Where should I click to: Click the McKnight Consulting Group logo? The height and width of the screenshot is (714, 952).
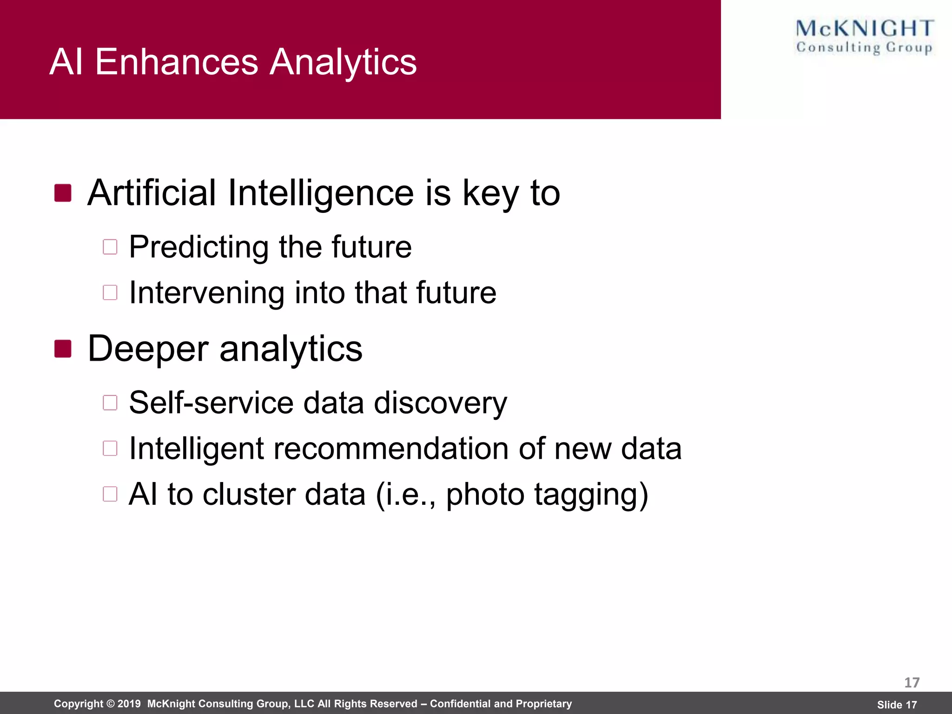(x=865, y=37)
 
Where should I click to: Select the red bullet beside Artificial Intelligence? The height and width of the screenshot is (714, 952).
(x=63, y=193)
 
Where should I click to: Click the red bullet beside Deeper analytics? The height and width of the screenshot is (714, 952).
(x=63, y=349)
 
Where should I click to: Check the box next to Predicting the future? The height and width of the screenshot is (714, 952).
(x=110, y=247)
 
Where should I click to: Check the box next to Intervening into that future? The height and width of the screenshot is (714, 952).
(x=110, y=292)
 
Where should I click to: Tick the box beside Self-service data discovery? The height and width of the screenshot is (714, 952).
(x=110, y=403)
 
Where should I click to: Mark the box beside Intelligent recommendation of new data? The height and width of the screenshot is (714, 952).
(x=110, y=448)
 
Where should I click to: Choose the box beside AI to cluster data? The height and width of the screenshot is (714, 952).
(x=110, y=494)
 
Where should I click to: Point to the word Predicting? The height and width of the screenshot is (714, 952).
(x=198, y=247)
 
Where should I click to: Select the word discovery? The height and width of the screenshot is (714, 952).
(x=440, y=403)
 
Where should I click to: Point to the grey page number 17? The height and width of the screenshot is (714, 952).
(x=912, y=682)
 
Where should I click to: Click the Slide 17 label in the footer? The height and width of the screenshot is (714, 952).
(x=897, y=705)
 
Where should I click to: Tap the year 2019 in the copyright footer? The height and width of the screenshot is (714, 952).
(x=129, y=704)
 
